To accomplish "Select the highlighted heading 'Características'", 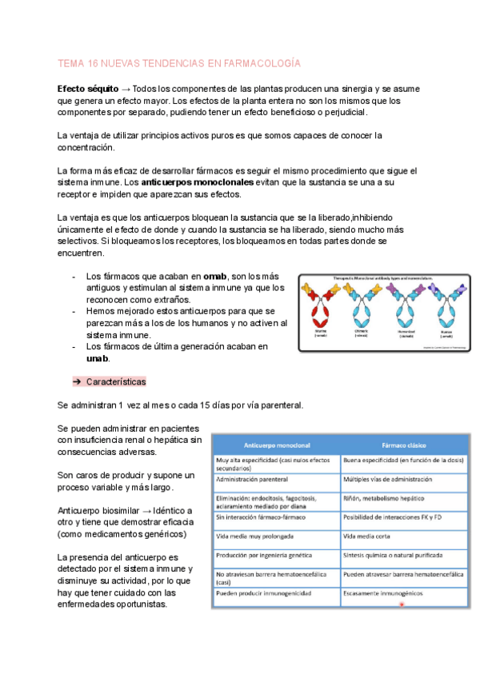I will point(115,381).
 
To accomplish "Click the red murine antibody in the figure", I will point(320,308).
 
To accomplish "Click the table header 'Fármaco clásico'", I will point(403,445).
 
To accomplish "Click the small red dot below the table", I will point(402,605).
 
